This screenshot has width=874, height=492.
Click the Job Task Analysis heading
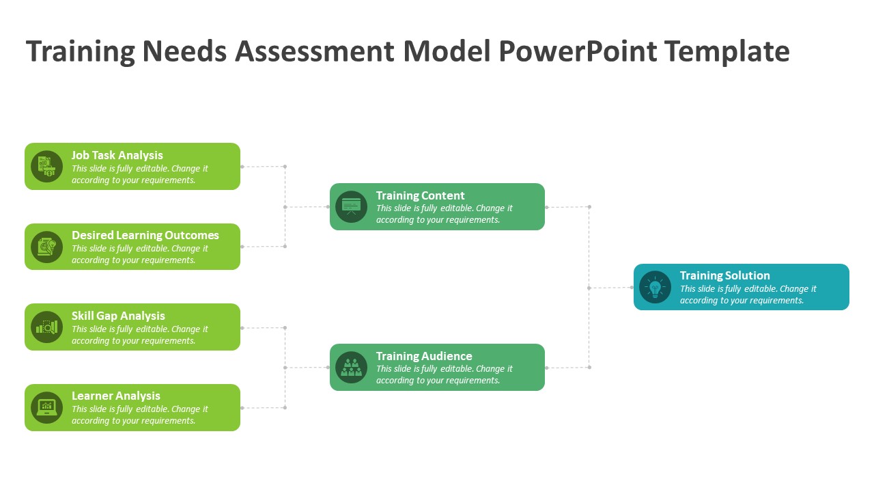117,155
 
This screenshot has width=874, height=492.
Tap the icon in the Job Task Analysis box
46,166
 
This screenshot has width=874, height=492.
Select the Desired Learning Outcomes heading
145,235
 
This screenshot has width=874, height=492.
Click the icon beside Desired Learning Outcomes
46,247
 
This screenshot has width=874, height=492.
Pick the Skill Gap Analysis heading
118,316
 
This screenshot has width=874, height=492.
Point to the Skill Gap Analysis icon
46,327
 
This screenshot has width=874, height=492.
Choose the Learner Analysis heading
116,396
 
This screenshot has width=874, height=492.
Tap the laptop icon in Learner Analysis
46,407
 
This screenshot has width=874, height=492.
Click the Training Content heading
420,195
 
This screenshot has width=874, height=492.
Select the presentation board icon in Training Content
351,206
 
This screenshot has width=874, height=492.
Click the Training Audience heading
424,356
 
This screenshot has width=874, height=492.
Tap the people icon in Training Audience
351,367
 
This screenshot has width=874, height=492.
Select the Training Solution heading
724,275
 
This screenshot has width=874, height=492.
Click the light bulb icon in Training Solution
655,287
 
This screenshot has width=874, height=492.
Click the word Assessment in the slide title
315,52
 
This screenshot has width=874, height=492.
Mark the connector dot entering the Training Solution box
632,288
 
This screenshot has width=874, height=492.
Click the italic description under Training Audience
444,374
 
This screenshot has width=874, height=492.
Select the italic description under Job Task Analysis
139,174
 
